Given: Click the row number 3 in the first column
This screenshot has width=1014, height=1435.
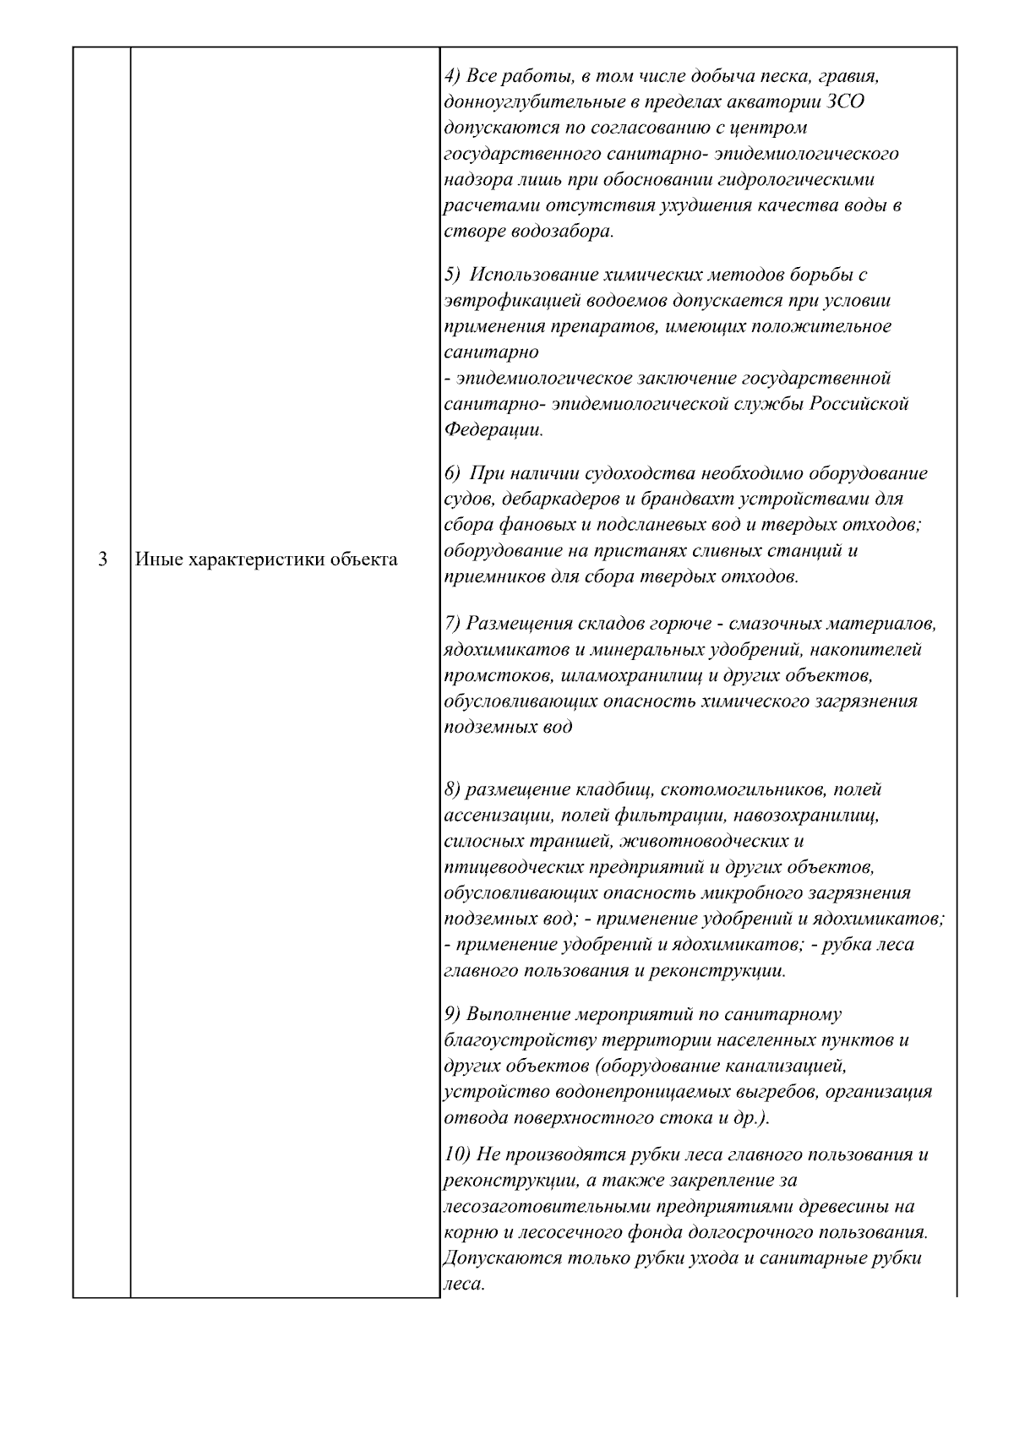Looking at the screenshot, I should [102, 559].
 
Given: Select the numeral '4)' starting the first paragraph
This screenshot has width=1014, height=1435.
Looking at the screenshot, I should [452, 76].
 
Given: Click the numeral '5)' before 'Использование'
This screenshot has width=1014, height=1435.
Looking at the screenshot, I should [452, 275].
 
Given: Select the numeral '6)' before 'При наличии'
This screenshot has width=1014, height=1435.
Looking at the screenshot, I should [452, 472].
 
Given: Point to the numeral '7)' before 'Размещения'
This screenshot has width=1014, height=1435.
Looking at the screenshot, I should [452, 624].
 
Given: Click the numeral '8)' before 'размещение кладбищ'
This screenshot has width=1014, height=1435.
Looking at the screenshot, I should [452, 789].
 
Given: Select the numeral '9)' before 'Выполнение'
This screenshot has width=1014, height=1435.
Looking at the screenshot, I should [452, 1013].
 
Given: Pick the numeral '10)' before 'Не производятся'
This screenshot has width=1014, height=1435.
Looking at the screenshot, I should [456, 1154].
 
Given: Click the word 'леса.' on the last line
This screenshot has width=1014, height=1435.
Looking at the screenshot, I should [463, 1284].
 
